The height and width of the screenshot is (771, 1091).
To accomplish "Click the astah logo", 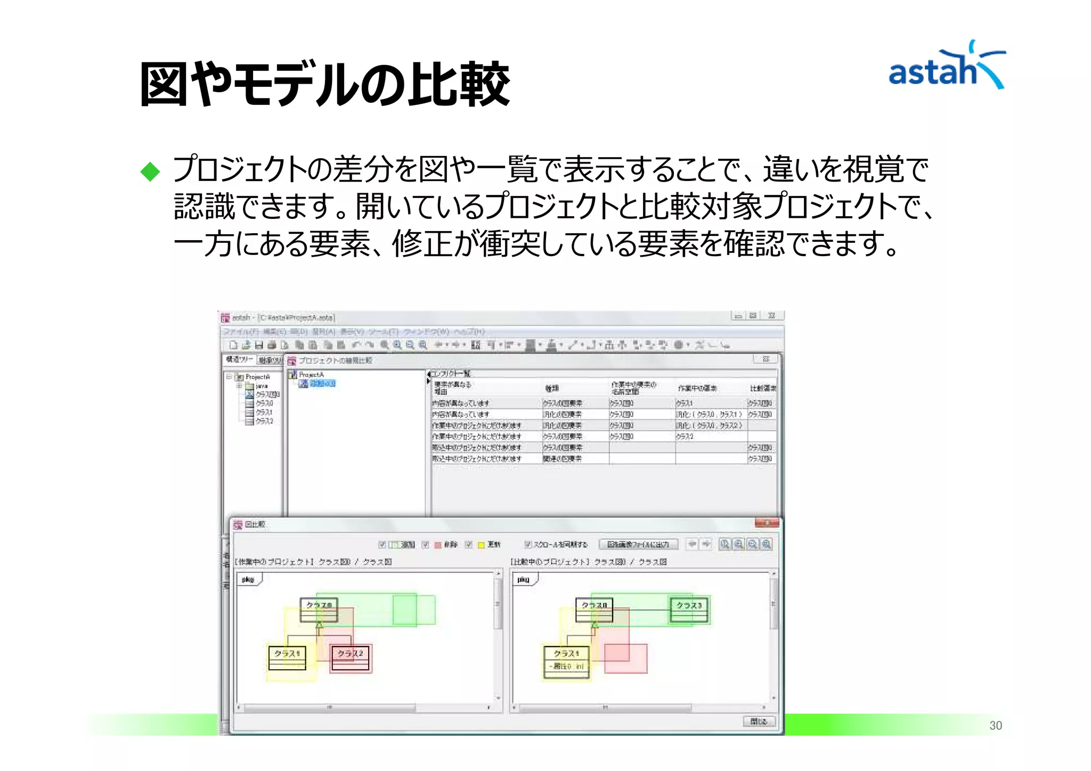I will [946, 67].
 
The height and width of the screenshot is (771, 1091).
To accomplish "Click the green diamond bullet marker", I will [150, 171].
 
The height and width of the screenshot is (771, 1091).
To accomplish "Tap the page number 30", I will [995, 725].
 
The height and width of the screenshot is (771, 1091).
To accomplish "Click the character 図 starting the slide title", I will [163, 84].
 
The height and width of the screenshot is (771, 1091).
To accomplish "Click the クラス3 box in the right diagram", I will [689, 610].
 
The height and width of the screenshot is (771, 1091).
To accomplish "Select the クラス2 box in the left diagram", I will [350, 658].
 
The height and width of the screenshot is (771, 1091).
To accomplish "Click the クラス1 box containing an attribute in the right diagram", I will [566, 662].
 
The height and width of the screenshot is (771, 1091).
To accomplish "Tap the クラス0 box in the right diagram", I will [594, 610].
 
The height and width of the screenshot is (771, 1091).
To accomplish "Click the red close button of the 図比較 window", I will [767, 523].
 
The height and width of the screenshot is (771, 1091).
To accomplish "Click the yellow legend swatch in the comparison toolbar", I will [481, 545].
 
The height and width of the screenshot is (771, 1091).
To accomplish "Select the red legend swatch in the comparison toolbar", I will [438, 545].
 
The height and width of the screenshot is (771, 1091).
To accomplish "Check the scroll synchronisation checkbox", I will [528, 544].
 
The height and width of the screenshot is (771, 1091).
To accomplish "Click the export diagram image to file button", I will [638, 544].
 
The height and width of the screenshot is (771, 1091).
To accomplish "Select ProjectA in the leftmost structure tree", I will [257, 376].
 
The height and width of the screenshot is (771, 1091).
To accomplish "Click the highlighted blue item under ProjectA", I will [322, 383].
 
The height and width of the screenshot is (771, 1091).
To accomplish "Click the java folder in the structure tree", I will [261, 385].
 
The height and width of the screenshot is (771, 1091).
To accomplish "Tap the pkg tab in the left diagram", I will [248, 579].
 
